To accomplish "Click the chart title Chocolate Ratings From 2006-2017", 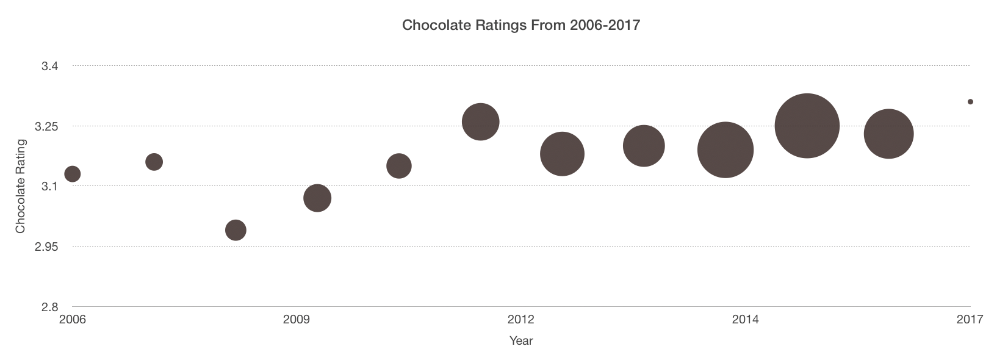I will [520, 25].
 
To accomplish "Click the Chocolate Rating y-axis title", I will [21, 186].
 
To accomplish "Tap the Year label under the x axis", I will [521, 340].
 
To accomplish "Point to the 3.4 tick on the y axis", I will [50, 66].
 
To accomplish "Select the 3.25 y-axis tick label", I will [46, 126].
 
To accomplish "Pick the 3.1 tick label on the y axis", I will [50, 186].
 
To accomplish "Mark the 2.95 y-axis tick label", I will [46, 247].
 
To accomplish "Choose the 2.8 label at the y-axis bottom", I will [50, 306].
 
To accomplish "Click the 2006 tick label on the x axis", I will [72, 320].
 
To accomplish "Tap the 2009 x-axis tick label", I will [297, 320].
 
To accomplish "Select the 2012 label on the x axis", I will [520, 320].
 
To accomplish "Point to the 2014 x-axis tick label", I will [745, 320].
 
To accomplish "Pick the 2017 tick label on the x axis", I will [970, 320].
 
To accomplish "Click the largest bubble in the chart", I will [807, 126].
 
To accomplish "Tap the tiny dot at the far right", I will [970, 102].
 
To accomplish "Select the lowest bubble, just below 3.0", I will [236, 230].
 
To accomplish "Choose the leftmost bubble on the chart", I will [72, 174].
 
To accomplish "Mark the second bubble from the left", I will [154, 162].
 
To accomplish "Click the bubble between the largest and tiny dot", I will [888, 134].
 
